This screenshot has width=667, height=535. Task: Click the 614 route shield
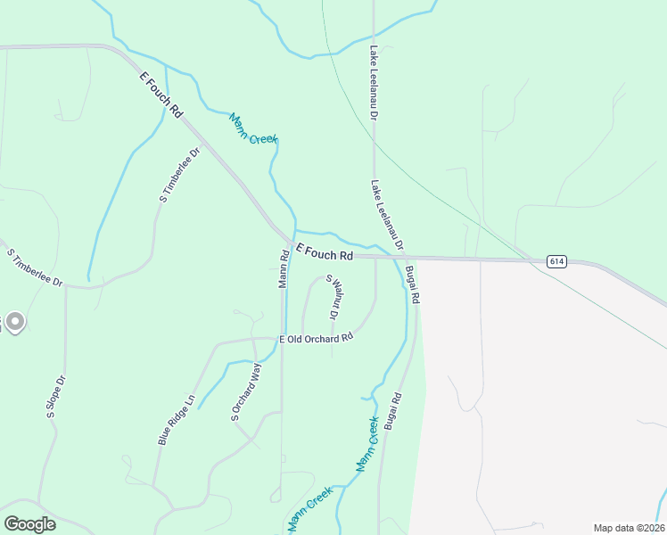(556, 260)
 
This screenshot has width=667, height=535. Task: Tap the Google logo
(29, 524)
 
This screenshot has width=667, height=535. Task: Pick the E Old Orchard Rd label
(317, 338)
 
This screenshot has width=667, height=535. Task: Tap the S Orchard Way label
(246, 391)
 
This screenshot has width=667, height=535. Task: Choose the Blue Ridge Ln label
(176, 418)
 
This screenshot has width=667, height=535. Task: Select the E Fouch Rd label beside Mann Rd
(324, 252)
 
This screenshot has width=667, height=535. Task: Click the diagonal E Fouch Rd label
(161, 96)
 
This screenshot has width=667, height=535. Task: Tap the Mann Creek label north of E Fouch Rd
(253, 128)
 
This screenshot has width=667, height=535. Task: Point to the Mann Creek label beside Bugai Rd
(367, 443)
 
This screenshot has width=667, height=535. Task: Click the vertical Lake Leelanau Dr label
(375, 84)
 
